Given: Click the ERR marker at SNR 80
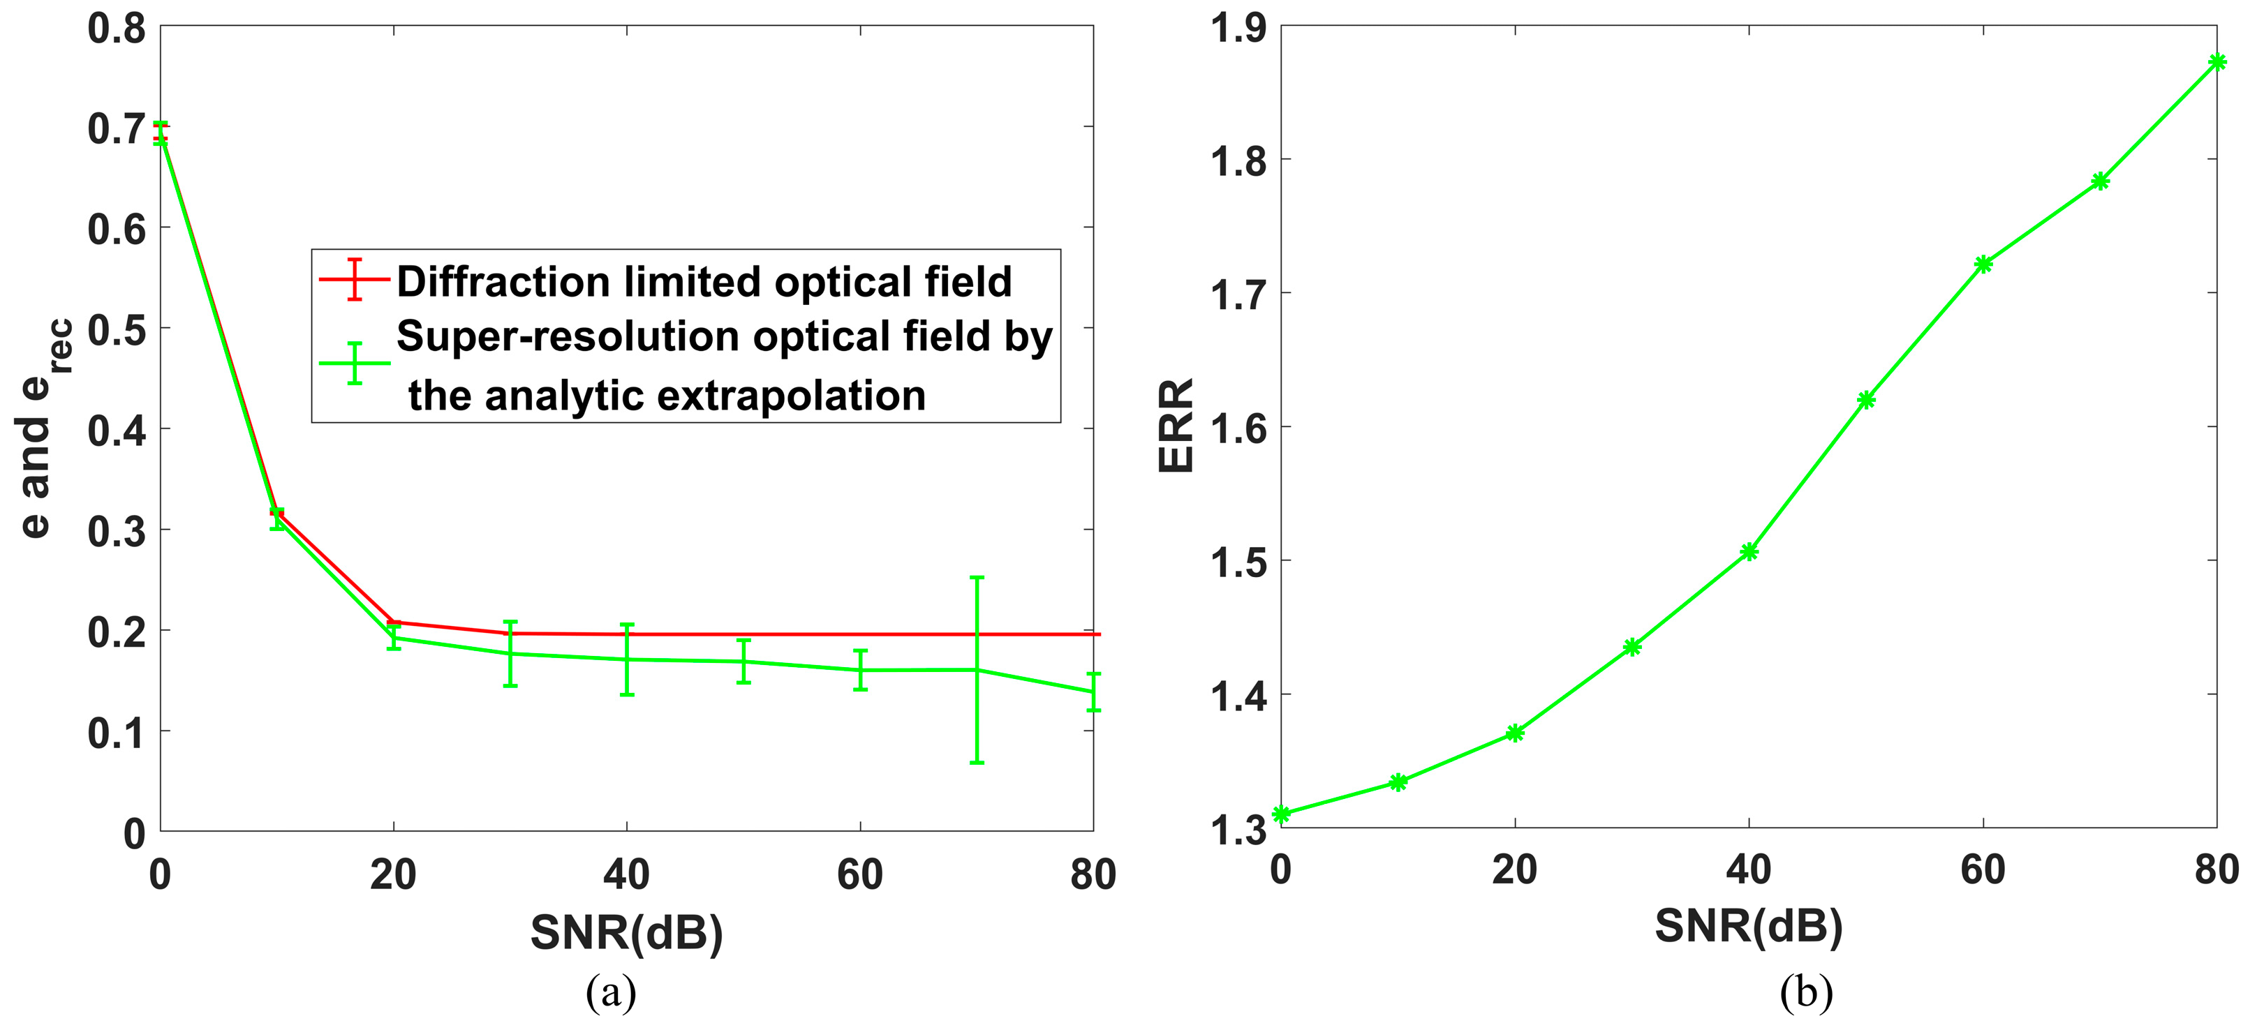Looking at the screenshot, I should click(2217, 62).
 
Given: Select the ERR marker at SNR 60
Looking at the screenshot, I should click(1983, 264).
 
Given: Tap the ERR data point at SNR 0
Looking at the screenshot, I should click(1282, 814).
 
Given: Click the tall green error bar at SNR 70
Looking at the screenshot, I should click(977, 670).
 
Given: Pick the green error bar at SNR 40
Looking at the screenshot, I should click(626, 659).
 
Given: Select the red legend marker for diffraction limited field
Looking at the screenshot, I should click(354, 279).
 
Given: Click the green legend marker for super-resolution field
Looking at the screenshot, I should click(354, 363).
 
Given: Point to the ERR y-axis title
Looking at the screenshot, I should click(1176, 426).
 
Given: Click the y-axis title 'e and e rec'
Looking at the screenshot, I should click(44, 428).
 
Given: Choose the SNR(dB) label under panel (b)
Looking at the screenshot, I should click(1749, 926).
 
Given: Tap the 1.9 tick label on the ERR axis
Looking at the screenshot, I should click(1238, 28).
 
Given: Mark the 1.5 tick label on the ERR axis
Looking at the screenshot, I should click(1238, 562).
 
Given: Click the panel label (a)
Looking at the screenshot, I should click(611, 992).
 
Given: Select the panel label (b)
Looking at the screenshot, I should click(1807, 992).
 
